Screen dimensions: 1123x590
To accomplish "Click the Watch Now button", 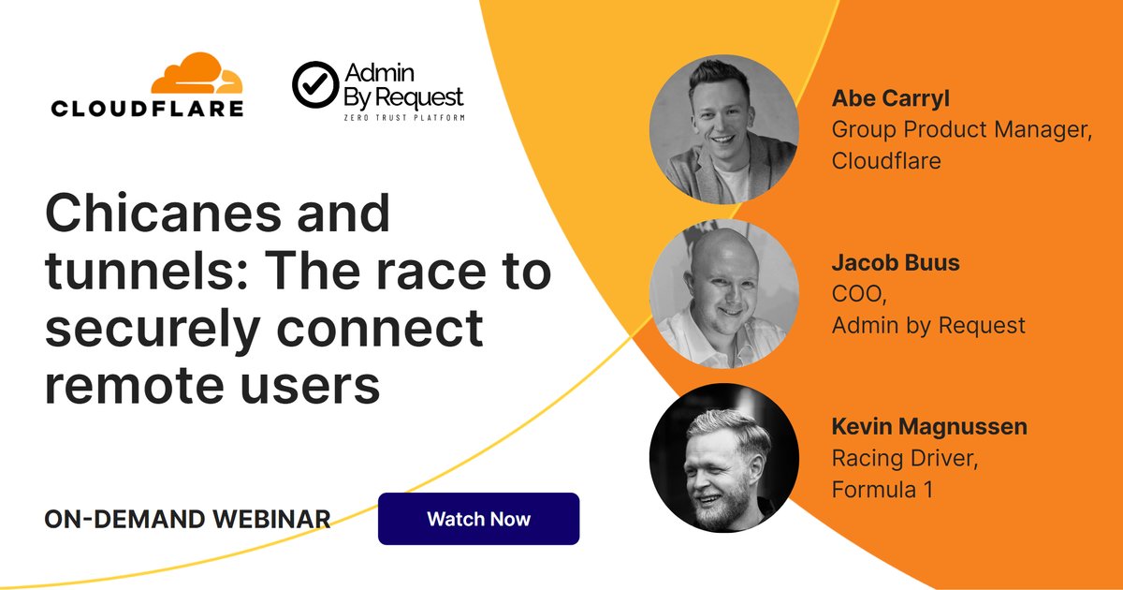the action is [x=479, y=519].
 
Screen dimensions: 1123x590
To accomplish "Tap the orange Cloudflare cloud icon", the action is [x=197, y=73].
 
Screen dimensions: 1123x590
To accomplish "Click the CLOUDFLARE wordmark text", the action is [x=148, y=109].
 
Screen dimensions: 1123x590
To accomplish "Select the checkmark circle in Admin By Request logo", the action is [x=315, y=85].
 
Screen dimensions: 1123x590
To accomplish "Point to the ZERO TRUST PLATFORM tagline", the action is [x=404, y=118].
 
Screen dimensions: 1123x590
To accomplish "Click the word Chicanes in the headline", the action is [x=163, y=214].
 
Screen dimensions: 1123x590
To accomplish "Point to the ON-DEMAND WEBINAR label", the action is [x=187, y=519].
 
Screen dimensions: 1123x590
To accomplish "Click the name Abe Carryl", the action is [x=891, y=99].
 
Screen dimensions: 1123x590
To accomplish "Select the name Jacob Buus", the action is [x=896, y=263].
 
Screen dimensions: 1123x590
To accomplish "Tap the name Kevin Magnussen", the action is [x=929, y=427].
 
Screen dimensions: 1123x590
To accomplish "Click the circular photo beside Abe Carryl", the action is [x=724, y=129].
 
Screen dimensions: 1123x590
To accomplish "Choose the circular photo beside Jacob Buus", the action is [x=724, y=294].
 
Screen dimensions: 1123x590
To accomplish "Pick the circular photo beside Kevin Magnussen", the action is [x=724, y=458].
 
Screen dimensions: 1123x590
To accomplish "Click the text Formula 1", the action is [x=882, y=490].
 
